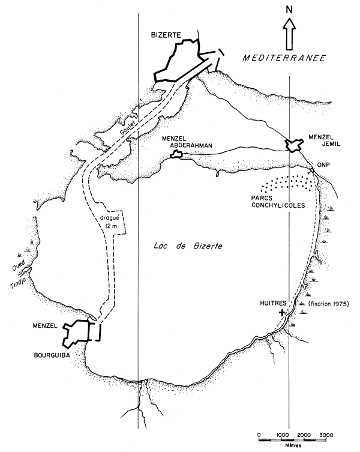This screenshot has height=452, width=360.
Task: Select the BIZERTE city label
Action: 166,36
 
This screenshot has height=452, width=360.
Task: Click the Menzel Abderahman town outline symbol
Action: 176,155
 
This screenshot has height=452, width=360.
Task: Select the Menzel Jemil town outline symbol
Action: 293,145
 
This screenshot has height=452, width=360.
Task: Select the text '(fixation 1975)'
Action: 329,304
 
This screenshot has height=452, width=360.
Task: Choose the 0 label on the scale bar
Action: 258,434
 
